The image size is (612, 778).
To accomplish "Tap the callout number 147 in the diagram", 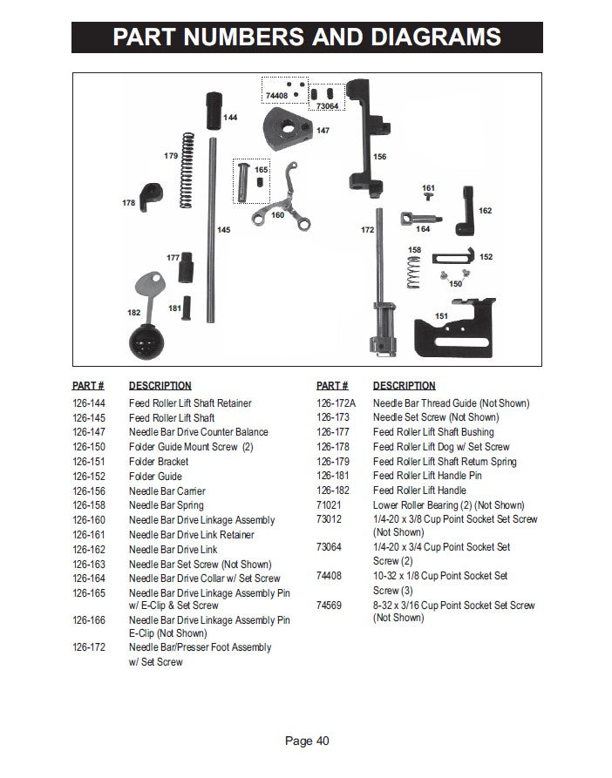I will [323, 131].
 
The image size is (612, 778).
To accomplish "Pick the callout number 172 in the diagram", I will [367, 230].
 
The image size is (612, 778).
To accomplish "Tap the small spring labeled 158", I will [416, 273].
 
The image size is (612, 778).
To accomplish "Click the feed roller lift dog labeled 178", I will [152, 194].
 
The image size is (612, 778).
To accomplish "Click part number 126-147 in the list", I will [89, 432].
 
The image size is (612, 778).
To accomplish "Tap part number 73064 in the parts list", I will [330, 547].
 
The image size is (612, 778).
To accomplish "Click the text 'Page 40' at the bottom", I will [307, 741].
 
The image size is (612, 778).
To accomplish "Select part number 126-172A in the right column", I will [337, 403].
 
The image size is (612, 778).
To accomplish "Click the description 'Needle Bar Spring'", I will [166, 505].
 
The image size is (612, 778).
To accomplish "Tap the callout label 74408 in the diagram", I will [277, 95].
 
